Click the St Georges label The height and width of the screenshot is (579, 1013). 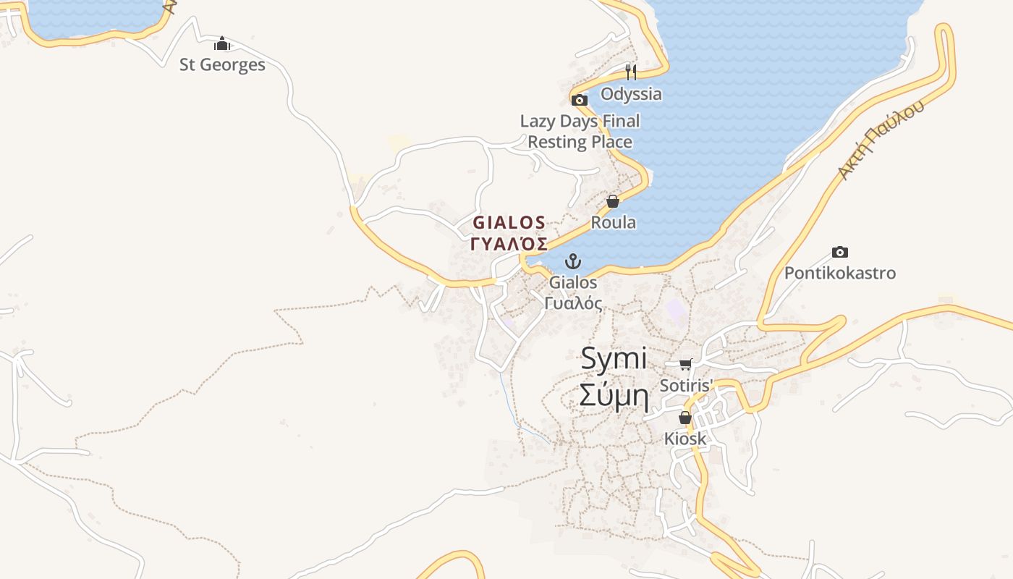[222, 65]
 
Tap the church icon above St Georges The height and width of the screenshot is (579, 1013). [222, 44]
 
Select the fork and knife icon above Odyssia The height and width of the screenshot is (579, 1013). [631, 72]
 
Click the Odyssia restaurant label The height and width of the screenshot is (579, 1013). [631, 94]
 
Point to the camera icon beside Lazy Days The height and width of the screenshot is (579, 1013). [580, 101]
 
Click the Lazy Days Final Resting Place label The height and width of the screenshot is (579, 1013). [580, 132]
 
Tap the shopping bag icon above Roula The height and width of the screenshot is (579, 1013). [613, 201]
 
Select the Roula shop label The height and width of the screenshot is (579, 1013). [613, 222]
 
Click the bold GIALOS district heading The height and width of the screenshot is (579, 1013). [509, 222]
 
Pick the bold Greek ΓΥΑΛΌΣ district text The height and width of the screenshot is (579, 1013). [509, 244]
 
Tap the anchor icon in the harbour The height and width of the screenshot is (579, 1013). [573, 261]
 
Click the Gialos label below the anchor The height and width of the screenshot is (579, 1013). [573, 282]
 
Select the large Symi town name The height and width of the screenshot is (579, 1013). [614, 360]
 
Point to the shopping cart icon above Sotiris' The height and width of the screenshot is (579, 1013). [685, 364]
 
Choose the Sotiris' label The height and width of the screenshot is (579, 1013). [686, 385]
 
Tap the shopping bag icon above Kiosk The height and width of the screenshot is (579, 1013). [684, 418]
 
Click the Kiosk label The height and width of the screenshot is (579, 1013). [684, 439]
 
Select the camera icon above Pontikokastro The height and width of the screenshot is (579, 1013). [839, 253]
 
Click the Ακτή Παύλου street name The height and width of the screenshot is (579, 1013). [881, 140]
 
